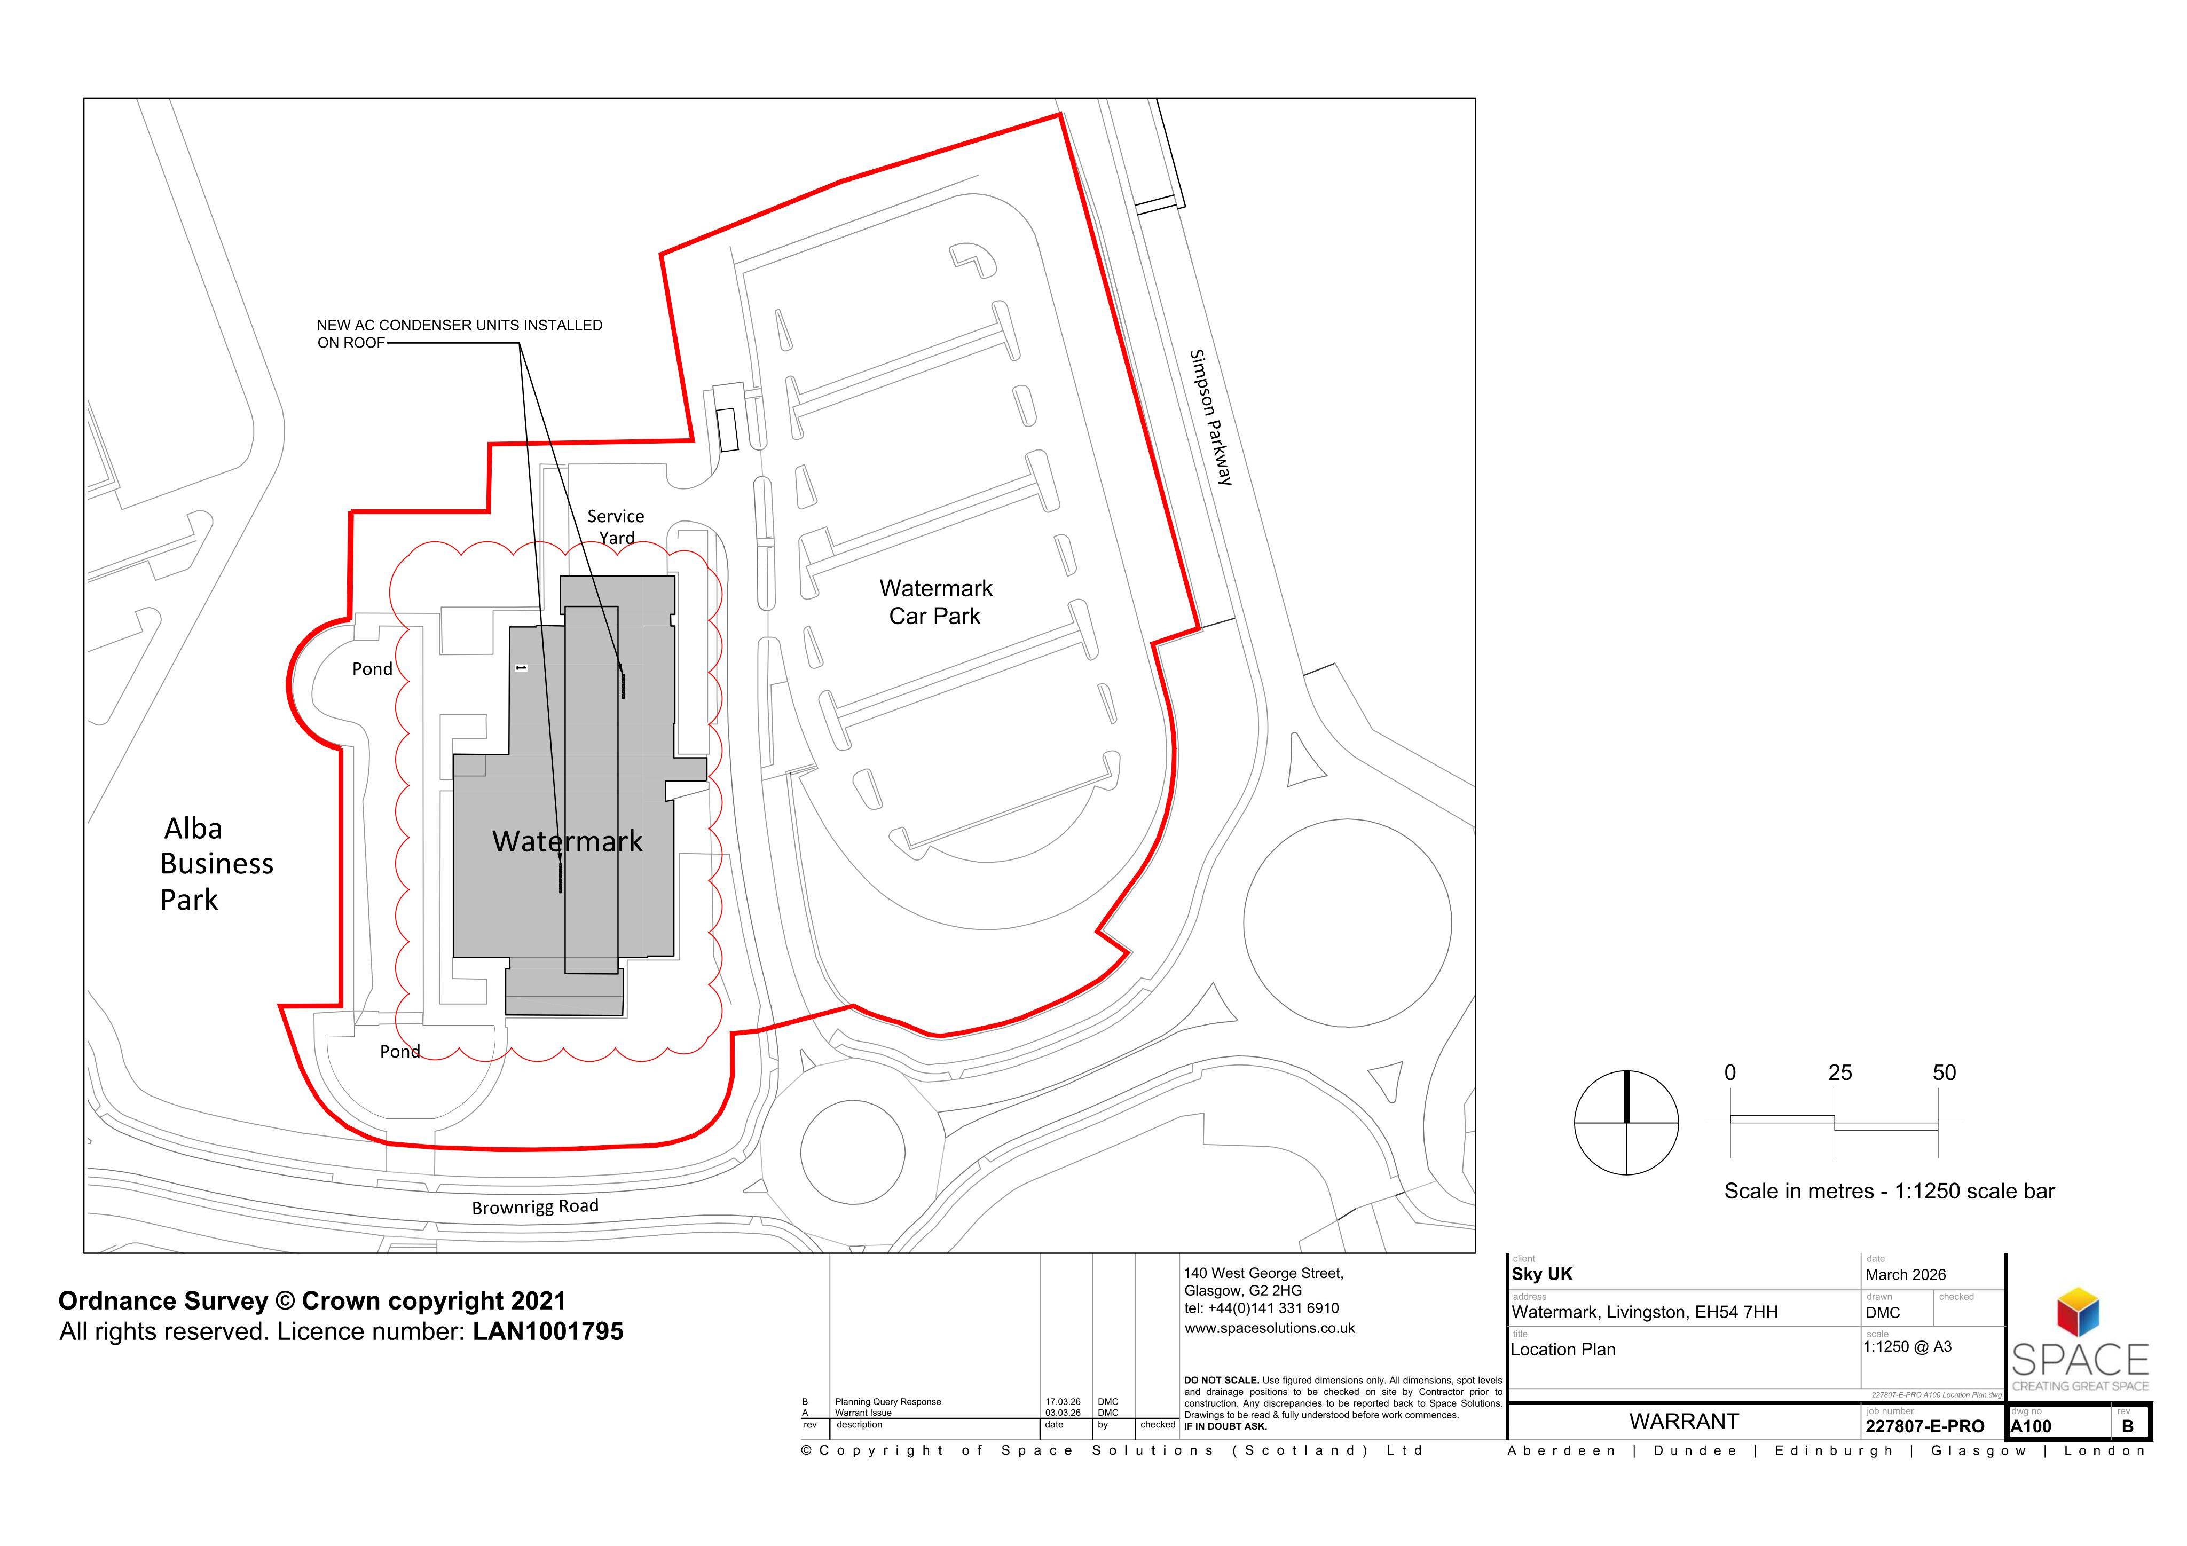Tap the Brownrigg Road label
point(536,1207)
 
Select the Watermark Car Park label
point(935,602)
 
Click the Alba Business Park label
point(216,864)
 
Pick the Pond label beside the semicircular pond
point(373,669)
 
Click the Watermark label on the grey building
point(568,841)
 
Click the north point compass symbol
point(1626,1122)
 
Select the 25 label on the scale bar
point(1839,1072)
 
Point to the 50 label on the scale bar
point(1944,1072)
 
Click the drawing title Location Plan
point(1563,1350)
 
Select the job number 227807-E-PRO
point(1925,1426)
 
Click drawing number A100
point(2032,1426)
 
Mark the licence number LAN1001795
point(548,1332)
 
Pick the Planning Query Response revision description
point(888,1402)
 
